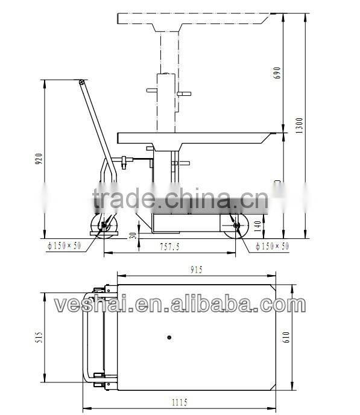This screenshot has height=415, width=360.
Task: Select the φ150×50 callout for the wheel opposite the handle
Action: pyautogui.click(x=272, y=246)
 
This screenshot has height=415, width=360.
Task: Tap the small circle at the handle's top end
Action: pyautogui.click(x=80, y=82)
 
